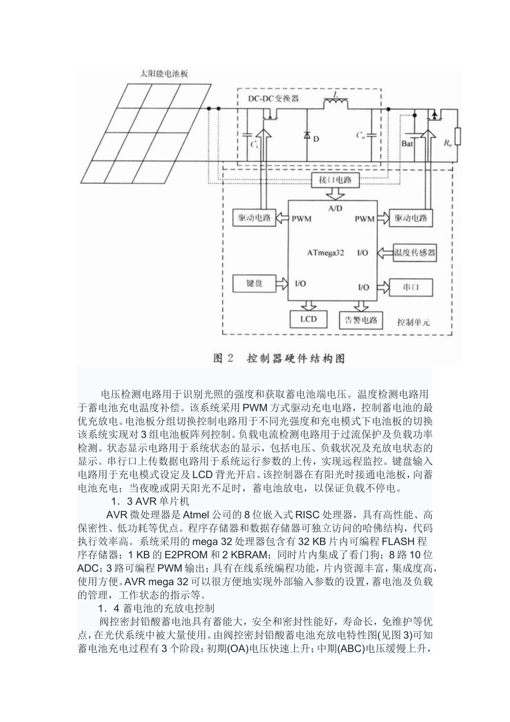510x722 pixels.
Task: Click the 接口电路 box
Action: point(336,180)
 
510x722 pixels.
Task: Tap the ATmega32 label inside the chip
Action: point(325,252)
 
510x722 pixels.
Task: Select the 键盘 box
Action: point(254,283)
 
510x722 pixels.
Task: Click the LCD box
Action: point(309,319)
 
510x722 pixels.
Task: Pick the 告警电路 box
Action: point(361,320)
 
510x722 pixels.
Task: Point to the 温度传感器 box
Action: point(414,251)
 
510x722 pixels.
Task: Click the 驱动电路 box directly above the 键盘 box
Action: point(254,218)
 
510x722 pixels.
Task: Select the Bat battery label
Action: point(407,143)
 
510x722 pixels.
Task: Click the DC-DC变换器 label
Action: point(273,98)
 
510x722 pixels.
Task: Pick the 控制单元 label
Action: point(413,323)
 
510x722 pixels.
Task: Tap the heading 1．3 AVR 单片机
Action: point(143,502)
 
